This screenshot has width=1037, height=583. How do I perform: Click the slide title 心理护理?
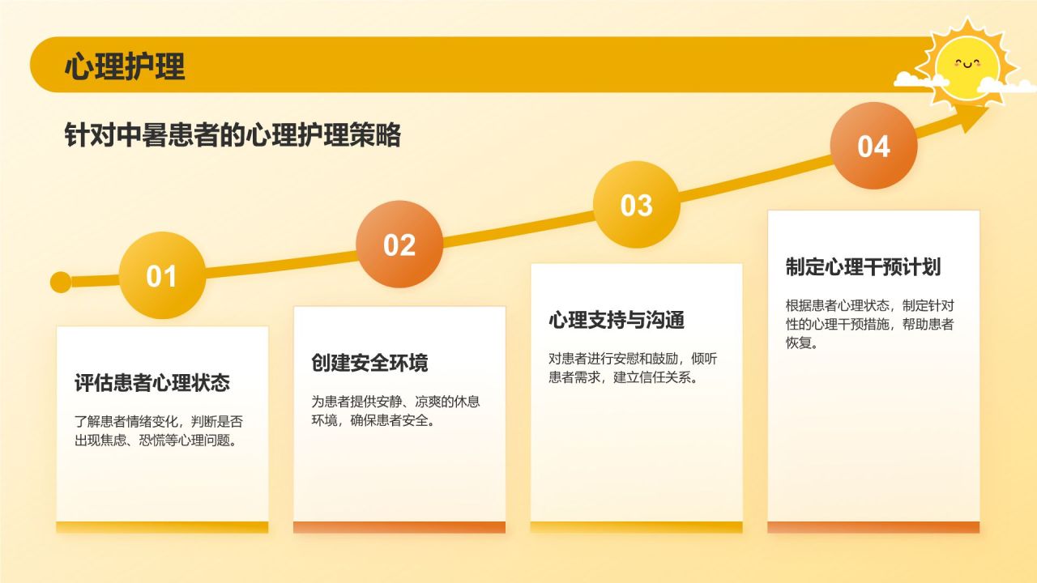click(x=125, y=66)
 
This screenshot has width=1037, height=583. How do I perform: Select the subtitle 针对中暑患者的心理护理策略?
click(x=233, y=135)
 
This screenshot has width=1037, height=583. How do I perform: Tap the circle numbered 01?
click(x=162, y=276)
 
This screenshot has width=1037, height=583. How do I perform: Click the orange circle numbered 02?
click(x=399, y=245)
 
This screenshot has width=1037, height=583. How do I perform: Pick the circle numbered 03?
click(x=636, y=205)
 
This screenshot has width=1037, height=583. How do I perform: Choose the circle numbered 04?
click(x=873, y=147)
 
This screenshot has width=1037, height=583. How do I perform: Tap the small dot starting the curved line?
click(x=61, y=282)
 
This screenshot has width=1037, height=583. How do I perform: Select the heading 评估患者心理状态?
click(x=152, y=383)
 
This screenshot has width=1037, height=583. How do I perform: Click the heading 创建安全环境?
click(x=369, y=363)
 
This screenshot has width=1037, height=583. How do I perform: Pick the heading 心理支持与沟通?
click(x=617, y=320)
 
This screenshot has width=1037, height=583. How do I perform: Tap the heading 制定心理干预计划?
click(x=863, y=267)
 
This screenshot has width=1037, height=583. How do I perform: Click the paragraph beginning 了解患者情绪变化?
click(x=159, y=432)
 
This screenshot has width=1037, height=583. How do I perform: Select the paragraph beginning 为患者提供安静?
click(x=396, y=411)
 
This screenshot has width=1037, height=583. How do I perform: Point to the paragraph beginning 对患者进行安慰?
click(x=633, y=368)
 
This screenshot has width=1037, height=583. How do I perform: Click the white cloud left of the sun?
click(x=919, y=79)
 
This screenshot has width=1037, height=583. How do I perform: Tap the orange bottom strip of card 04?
click(x=873, y=527)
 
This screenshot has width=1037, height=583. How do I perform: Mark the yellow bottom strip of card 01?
click(x=162, y=527)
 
